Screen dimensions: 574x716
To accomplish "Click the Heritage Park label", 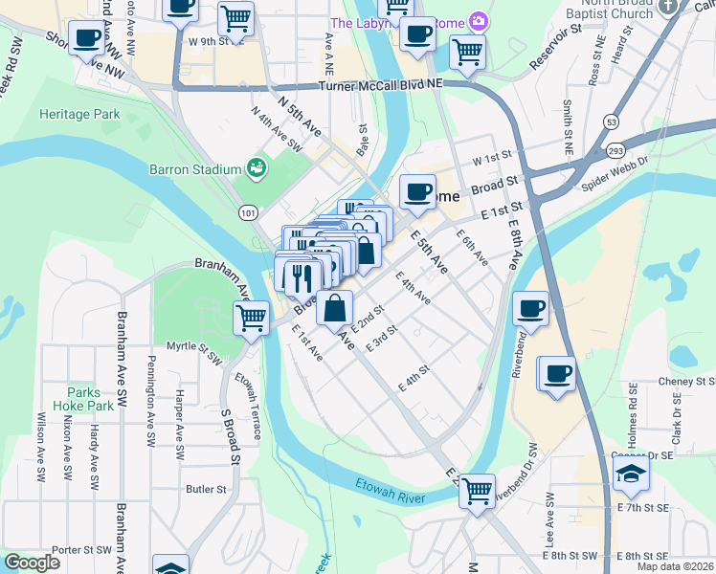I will click(79, 114).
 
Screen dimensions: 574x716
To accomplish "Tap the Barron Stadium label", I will click(195, 169).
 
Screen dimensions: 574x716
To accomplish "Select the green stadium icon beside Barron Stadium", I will click(256, 168).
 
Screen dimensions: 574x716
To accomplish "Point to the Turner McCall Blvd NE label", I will click(382, 85).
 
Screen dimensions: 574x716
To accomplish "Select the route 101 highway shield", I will click(249, 214).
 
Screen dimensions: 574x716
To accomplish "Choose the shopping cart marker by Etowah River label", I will click(477, 492).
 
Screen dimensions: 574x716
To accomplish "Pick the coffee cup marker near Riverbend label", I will click(530, 307).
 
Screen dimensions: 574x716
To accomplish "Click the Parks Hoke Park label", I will click(91, 399).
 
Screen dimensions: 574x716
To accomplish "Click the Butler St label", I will click(206, 489).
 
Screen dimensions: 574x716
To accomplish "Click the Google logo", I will click(33, 563).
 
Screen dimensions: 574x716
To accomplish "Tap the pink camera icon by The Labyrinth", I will click(478, 21).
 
